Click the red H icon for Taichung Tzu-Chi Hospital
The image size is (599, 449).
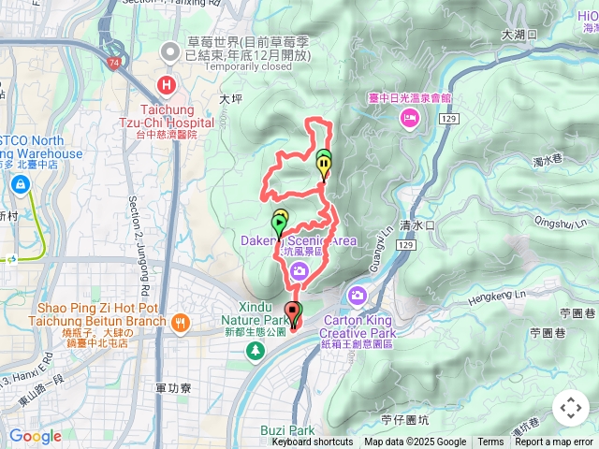point(167,86)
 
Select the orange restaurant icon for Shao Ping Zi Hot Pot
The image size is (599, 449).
point(180,324)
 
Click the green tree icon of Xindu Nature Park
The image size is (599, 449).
point(254,350)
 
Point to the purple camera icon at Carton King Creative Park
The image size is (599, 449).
point(357,297)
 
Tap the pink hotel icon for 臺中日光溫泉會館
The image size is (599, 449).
point(409,118)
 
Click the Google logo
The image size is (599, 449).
point(35,436)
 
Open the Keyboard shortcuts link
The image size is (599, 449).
point(313,442)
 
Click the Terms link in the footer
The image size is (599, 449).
point(490,442)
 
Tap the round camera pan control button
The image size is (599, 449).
point(571,408)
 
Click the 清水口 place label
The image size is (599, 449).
point(417,225)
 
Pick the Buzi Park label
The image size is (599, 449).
point(288,431)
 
